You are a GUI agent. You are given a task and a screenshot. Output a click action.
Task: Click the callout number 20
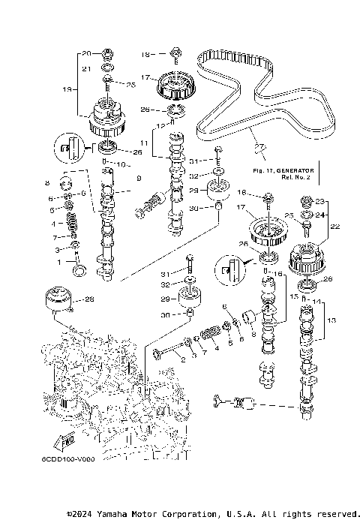(x=86, y=53)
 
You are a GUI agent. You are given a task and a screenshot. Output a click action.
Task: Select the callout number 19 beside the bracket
(x=67, y=89)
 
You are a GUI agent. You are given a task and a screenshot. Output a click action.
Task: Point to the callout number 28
(x=90, y=299)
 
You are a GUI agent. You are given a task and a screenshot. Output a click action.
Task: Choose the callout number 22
(x=335, y=226)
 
